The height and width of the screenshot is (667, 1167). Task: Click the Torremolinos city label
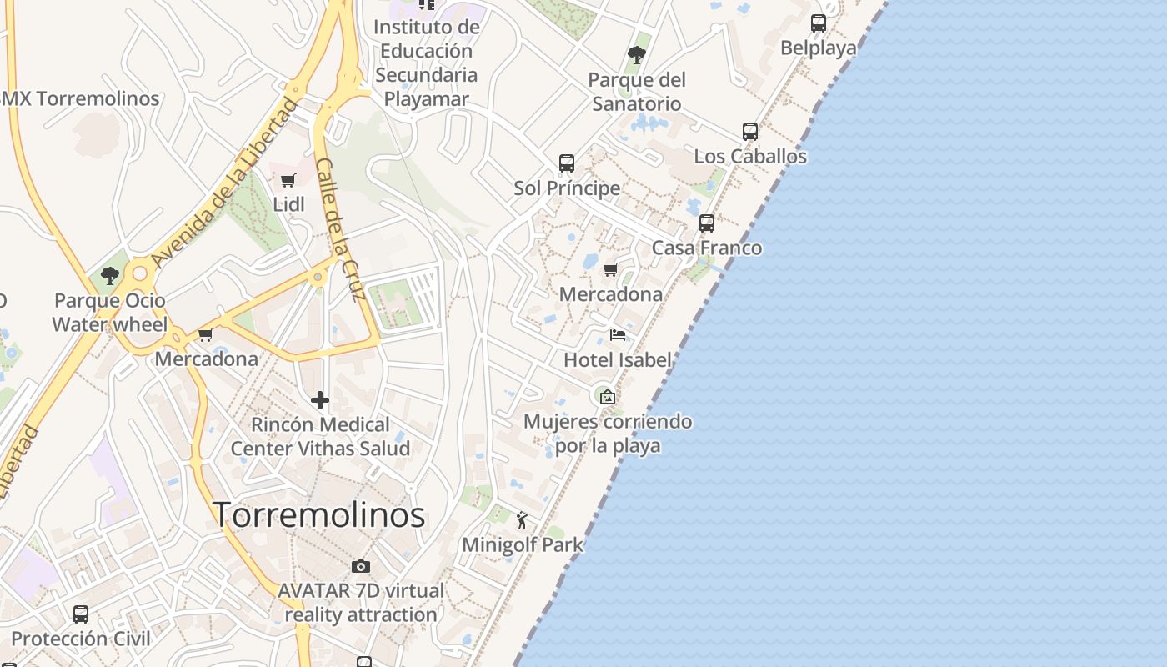[x=319, y=514]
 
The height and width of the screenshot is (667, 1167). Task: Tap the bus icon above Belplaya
[x=819, y=23]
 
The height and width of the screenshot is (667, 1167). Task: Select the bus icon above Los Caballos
[x=750, y=132]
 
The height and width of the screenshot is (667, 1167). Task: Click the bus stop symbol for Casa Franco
[x=707, y=223]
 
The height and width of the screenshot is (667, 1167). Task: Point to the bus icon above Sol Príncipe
[x=567, y=163]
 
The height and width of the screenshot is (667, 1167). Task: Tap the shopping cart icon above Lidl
[x=288, y=180]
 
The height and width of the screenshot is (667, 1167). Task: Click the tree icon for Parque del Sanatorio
[x=637, y=56]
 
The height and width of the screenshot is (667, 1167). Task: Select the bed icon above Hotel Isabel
[x=618, y=335]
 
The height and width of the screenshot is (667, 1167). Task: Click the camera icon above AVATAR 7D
[x=361, y=567]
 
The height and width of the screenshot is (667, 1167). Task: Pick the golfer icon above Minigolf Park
[x=523, y=521]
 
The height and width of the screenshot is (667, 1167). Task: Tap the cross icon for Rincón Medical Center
[x=320, y=401]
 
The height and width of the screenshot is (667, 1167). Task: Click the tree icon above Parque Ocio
[x=109, y=276]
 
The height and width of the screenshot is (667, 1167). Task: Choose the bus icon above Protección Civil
[x=81, y=614]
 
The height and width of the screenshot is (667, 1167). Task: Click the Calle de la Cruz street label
[x=341, y=229]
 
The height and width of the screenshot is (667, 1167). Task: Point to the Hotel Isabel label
[x=618, y=360]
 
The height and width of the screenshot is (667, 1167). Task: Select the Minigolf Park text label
[x=523, y=545]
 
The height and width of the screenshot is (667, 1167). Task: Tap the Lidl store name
[x=288, y=204]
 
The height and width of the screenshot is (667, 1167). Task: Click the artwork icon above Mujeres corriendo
[x=607, y=397]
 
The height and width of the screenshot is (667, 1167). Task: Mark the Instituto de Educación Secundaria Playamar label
[x=427, y=63]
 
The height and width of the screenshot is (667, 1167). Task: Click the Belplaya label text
[x=819, y=48]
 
